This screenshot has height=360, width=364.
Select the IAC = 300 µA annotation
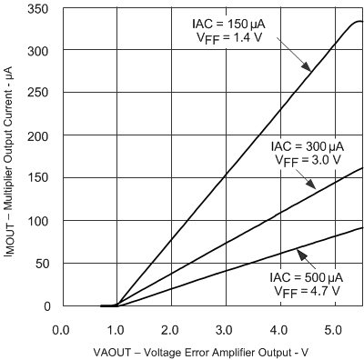click(308, 145)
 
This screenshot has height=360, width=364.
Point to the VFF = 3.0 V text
click(308, 160)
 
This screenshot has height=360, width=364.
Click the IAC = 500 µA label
click(308, 276)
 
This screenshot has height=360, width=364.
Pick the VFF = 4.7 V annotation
click(308, 291)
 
